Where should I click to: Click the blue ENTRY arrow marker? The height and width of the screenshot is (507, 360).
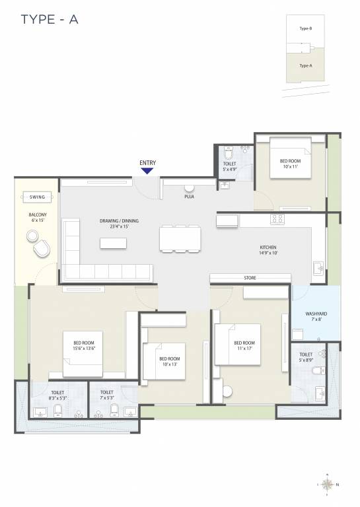coord(147,170)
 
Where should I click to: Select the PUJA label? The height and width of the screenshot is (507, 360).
coord(189,196)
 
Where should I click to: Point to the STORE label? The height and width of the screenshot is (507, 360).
coord(250,278)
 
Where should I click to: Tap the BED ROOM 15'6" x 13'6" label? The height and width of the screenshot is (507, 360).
coord(85,345)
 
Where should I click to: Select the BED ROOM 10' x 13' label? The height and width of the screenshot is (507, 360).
coord(170,362)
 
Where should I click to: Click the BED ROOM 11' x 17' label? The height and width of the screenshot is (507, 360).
coord(244,347)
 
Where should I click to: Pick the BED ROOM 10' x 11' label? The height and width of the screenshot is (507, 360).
coord(290,164)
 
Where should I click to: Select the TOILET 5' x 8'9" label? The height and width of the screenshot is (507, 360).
coord(306,357)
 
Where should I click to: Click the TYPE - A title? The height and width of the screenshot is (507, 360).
coord(50,19)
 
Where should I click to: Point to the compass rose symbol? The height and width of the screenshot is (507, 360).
coord(328,483)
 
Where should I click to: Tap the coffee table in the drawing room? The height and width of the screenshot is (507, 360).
coord(113,243)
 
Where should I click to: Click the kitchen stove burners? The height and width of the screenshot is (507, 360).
coord(277,219)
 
